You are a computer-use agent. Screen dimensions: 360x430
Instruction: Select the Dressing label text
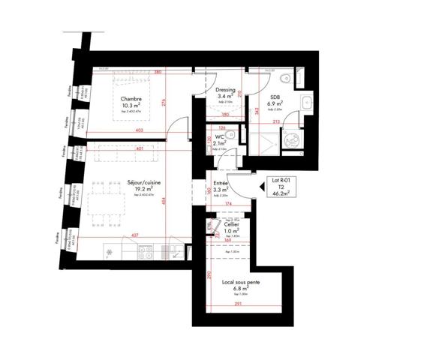226,90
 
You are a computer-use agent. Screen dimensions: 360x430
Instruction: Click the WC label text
219,137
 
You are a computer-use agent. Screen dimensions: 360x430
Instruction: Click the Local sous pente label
241,283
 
